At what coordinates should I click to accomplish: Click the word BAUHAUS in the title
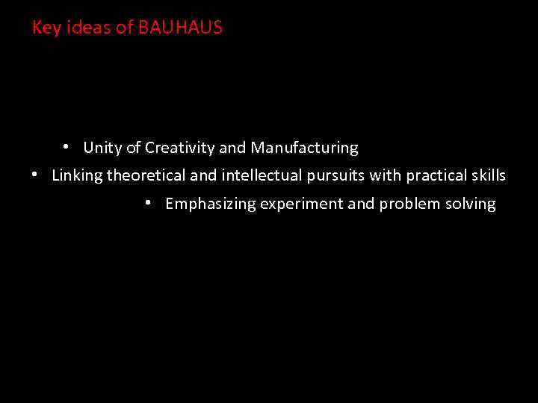pos(180,28)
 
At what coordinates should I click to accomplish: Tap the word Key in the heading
pos(44,28)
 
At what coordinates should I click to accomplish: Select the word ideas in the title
pos(87,28)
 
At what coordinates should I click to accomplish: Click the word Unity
pos(102,148)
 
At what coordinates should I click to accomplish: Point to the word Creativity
pos(179,148)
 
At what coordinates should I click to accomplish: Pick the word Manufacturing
pos(304,148)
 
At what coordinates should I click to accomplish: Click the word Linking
pos(77,176)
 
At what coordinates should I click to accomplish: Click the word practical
pos(436,176)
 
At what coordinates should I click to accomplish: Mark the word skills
pos(489,176)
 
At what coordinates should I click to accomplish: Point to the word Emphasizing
pos(211,204)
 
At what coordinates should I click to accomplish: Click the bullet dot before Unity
pos(67,146)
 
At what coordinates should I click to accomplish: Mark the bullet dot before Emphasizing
pos(149,202)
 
